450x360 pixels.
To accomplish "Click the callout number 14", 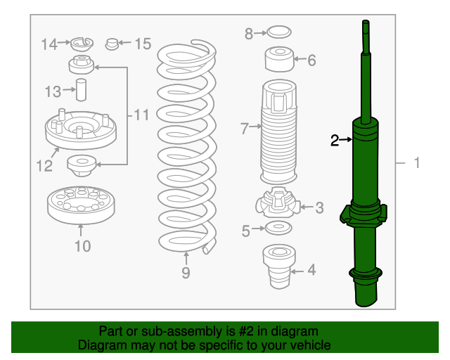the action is (49, 44).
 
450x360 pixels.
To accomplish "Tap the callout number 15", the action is (143, 44).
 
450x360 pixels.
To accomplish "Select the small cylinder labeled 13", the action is (82, 90).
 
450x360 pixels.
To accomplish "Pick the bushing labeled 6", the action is (279, 59).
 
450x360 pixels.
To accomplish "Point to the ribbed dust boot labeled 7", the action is (278, 132).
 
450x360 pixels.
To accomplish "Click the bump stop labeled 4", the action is (279, 266).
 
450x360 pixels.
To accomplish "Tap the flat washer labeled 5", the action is (278, 228).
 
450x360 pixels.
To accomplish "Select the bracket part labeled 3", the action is (278, 202).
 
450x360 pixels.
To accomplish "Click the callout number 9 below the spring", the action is (186, 272).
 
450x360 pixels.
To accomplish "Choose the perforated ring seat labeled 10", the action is (81, 205).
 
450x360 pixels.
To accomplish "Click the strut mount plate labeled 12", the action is (81, 130).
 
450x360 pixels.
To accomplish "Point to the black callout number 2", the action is (335, 141).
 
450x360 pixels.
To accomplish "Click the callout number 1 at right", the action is (417, 163).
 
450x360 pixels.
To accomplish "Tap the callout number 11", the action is (141, 115).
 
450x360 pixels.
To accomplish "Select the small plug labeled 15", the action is (112, 44).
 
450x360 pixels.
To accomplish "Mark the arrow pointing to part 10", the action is (81, 230).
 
